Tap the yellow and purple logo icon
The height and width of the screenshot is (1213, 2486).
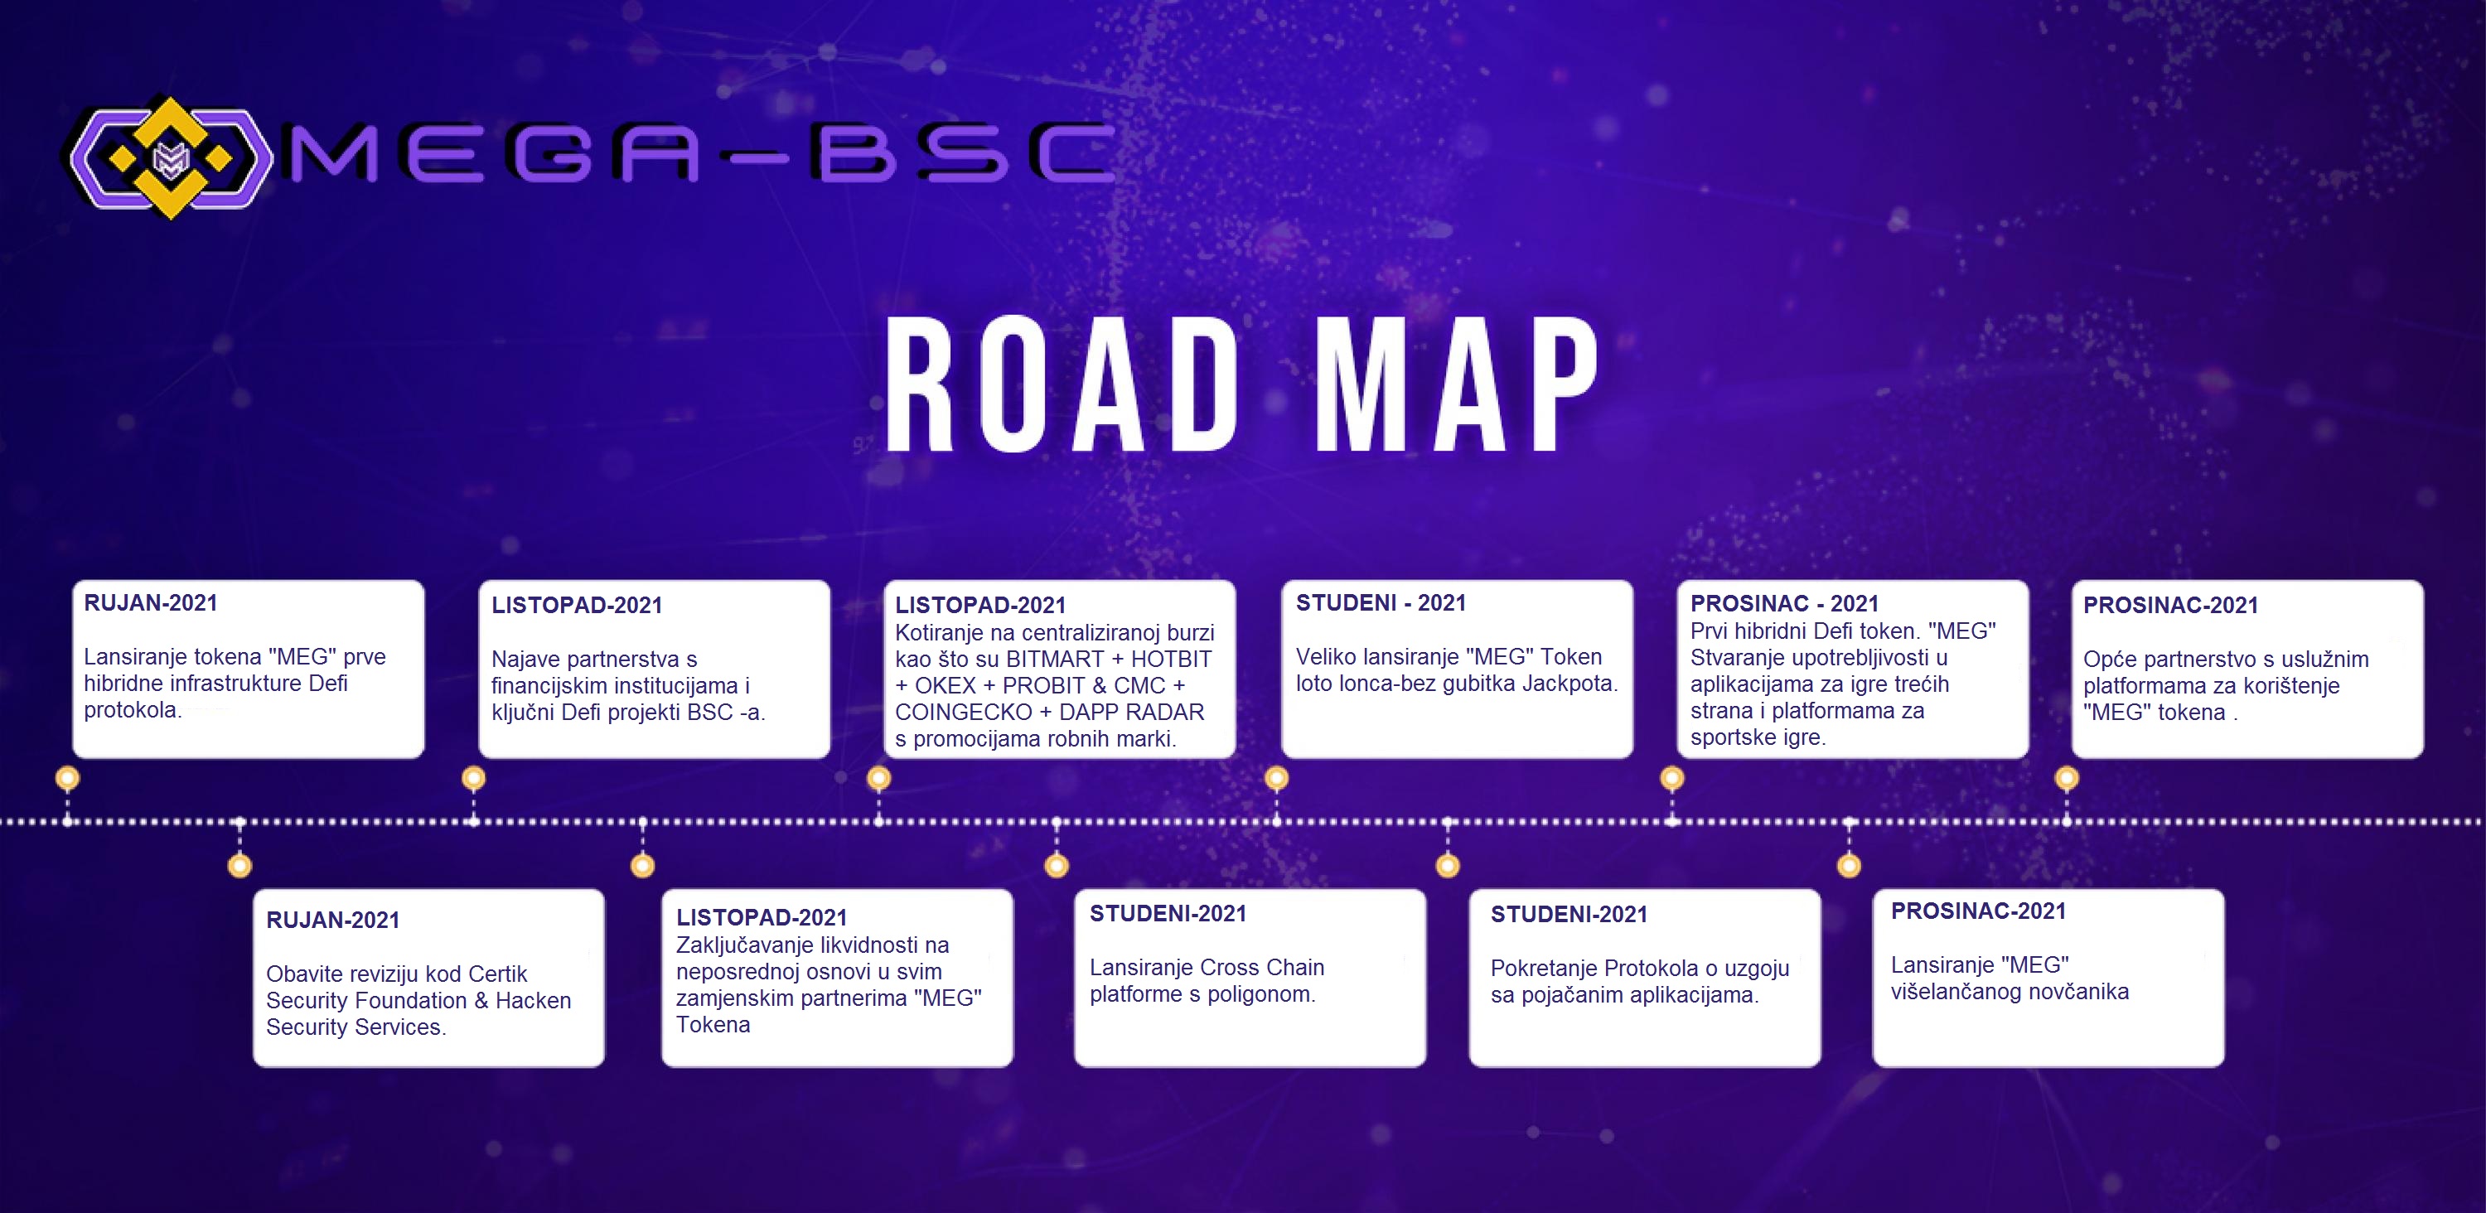click(171, 157)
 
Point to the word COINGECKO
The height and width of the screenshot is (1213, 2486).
click(963, 713)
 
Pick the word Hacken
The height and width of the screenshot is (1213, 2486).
click(533, 1001)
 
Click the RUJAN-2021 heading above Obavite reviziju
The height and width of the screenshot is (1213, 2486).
click(333, 920)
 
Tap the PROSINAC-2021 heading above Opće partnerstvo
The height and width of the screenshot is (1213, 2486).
click(2170, 605)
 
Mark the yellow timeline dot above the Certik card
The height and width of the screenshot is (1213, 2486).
click(239, 866)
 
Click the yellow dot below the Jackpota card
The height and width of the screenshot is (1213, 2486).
click(1276, 778)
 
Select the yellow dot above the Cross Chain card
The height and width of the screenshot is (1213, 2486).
click(1057, 866)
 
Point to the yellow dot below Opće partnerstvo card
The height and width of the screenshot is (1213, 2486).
click(2066, 778)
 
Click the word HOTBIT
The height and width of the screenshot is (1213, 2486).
click(1171, 659)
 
